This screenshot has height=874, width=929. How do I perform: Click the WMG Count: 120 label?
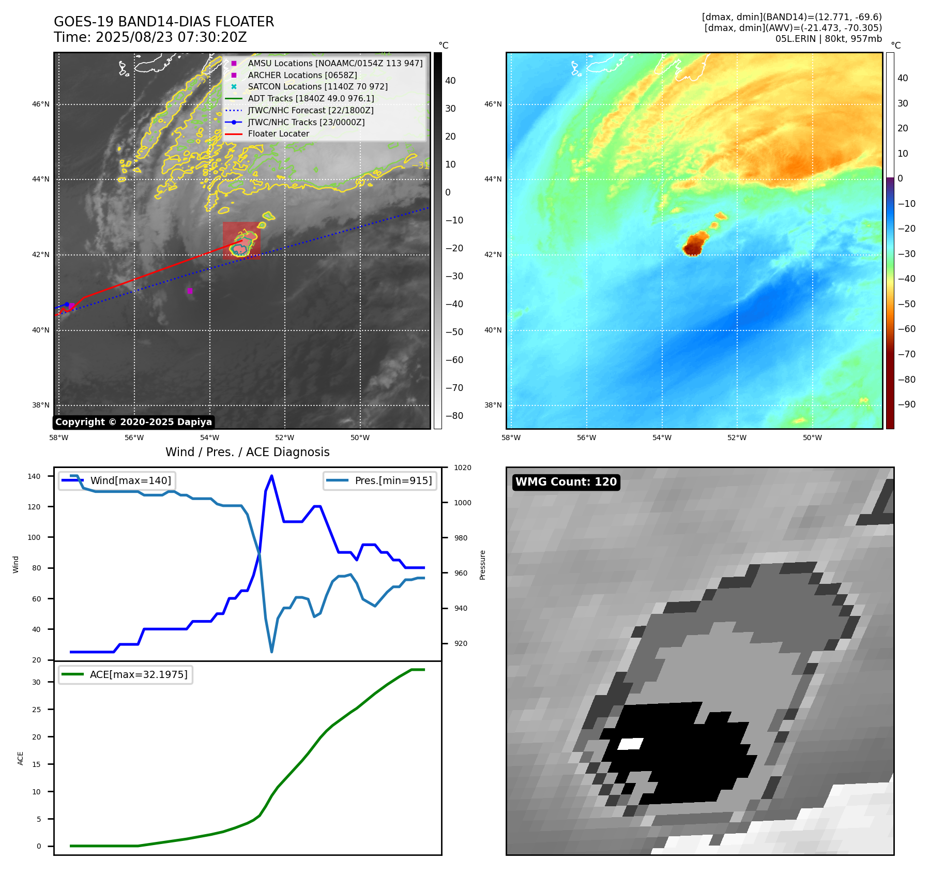566,482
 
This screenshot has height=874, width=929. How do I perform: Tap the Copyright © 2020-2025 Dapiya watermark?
133,422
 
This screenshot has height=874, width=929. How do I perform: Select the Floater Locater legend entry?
278,134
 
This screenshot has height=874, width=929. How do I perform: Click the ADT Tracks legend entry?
311,98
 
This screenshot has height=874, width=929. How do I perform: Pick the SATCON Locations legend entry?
317,87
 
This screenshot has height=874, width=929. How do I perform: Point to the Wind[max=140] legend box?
117,480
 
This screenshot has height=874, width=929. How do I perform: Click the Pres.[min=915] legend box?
380,480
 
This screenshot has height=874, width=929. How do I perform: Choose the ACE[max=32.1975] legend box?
126,674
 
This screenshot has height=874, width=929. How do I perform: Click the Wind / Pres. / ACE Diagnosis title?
247,452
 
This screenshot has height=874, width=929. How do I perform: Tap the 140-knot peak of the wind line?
271,476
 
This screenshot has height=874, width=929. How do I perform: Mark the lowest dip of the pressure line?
271,652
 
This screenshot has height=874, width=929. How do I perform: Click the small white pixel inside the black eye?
630,744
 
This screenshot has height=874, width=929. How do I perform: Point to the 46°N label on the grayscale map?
41,104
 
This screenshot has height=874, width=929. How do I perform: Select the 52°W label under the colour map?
737,438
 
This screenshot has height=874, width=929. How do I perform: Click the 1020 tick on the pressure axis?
462,468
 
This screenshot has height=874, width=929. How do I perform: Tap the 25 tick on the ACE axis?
36,710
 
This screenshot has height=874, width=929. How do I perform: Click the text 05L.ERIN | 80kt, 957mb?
828,39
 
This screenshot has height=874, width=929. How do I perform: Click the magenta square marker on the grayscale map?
190,291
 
